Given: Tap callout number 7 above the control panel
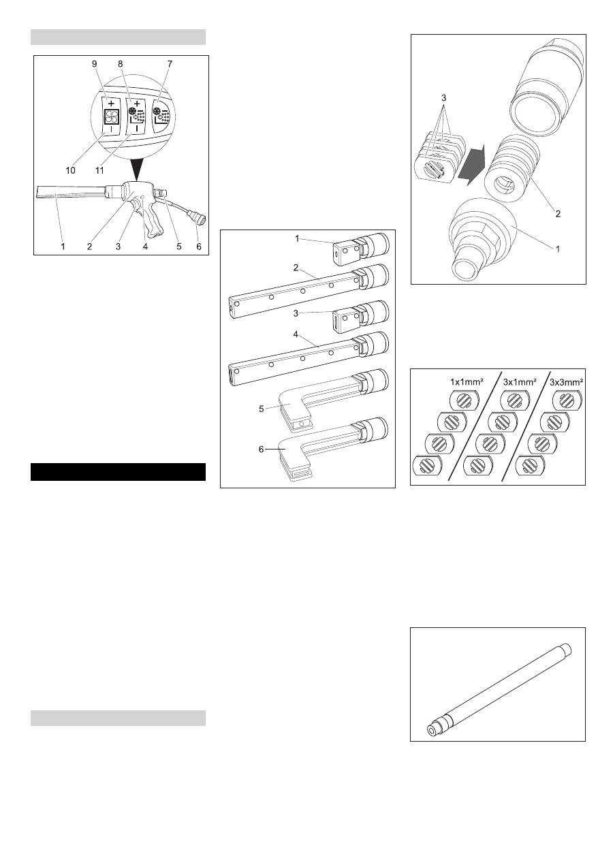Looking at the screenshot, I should point(170,63).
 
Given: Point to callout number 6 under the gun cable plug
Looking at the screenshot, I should point(200,247).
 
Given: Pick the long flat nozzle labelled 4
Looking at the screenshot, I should point(300,358).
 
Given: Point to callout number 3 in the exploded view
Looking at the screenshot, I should point(443,97).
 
